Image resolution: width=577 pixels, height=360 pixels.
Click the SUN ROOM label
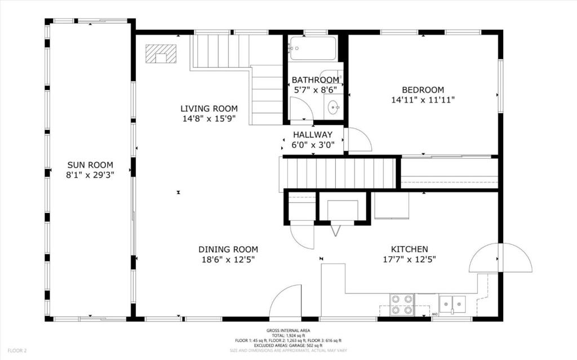(x=90, y=165)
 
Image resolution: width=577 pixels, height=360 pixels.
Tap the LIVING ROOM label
(x=209, y=109)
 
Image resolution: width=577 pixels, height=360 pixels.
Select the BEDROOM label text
(x=423, y=90)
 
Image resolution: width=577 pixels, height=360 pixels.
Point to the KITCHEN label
(x=409, y=249)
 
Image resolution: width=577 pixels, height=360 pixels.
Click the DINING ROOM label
(x=228, y=250)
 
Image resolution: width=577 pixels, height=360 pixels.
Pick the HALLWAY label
(x=313, y=135)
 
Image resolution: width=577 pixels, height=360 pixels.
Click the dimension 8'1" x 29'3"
(x=90, y=175)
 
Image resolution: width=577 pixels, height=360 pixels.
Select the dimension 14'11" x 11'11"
(x=423, y=100)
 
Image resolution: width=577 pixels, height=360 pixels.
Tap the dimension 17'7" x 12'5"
(x=409, y=260)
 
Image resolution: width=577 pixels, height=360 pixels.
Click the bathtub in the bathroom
(x=313, y=48)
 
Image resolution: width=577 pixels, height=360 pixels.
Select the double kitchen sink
(x=452, y=304)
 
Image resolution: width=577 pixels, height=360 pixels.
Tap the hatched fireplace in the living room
(x=161, y=54)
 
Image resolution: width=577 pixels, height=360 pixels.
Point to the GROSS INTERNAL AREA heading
(x=288, y=331)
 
